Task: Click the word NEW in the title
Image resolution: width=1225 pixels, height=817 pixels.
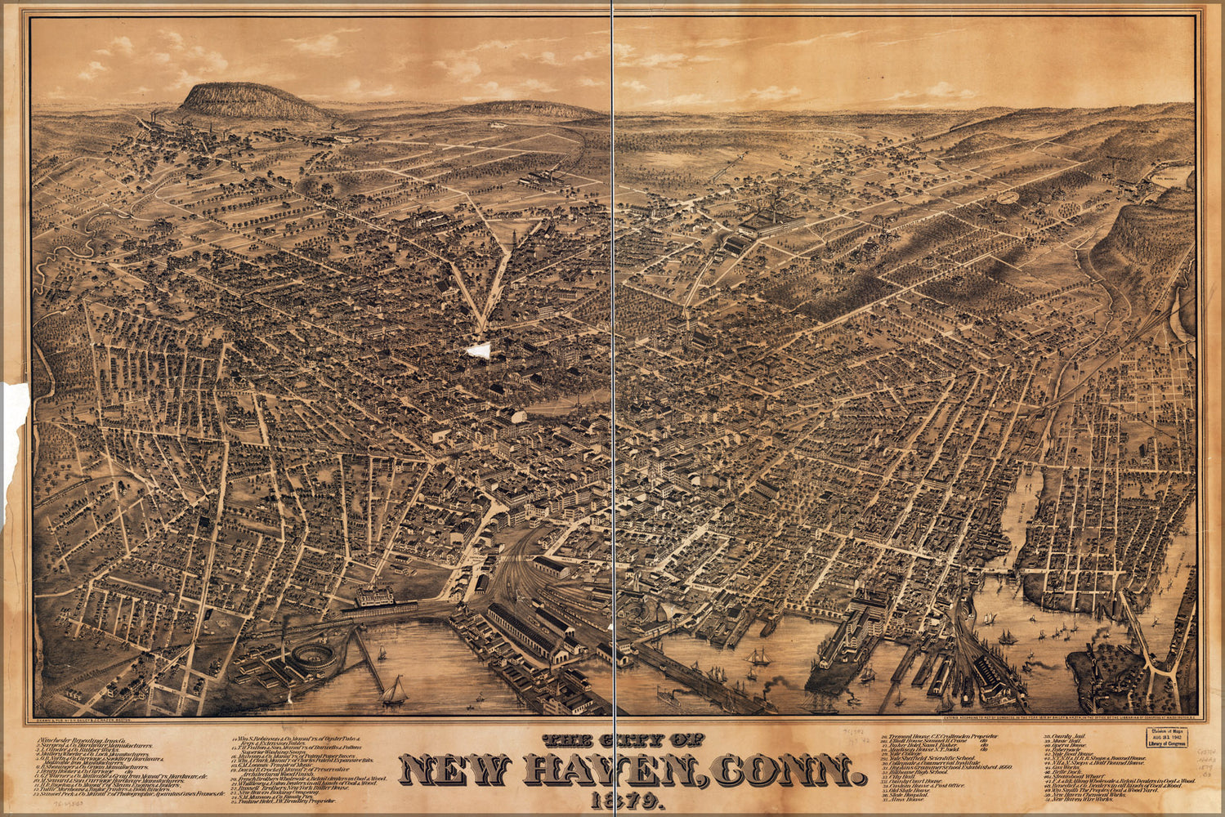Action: [455, 770]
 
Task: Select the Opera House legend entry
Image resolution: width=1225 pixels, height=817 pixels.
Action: [1067, 746]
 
